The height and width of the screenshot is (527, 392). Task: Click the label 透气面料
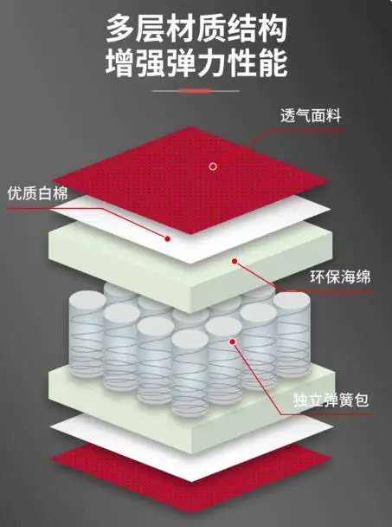click(311, 115)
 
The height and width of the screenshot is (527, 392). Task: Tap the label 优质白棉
click(37, 193)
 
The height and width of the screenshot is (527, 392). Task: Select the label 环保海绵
click(340, 277)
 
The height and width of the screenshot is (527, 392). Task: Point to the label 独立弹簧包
click(331, 400)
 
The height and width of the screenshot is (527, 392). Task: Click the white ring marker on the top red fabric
click(213, 166)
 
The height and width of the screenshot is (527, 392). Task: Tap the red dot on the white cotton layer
click(167, 238)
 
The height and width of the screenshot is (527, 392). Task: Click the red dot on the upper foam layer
click(235, 261)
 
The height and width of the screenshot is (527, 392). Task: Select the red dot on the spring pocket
click(232, 342)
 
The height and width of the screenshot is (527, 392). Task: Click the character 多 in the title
click(120, 29)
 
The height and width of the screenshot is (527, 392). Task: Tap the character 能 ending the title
click(273, 62)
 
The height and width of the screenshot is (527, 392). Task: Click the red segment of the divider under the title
click(196, 90)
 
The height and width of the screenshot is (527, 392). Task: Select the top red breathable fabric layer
click(190, 179)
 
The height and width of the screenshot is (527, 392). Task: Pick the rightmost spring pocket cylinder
click(292, 335)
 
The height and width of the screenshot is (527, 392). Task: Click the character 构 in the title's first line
click(273, 29)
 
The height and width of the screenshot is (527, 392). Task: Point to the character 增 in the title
click(120, 62)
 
